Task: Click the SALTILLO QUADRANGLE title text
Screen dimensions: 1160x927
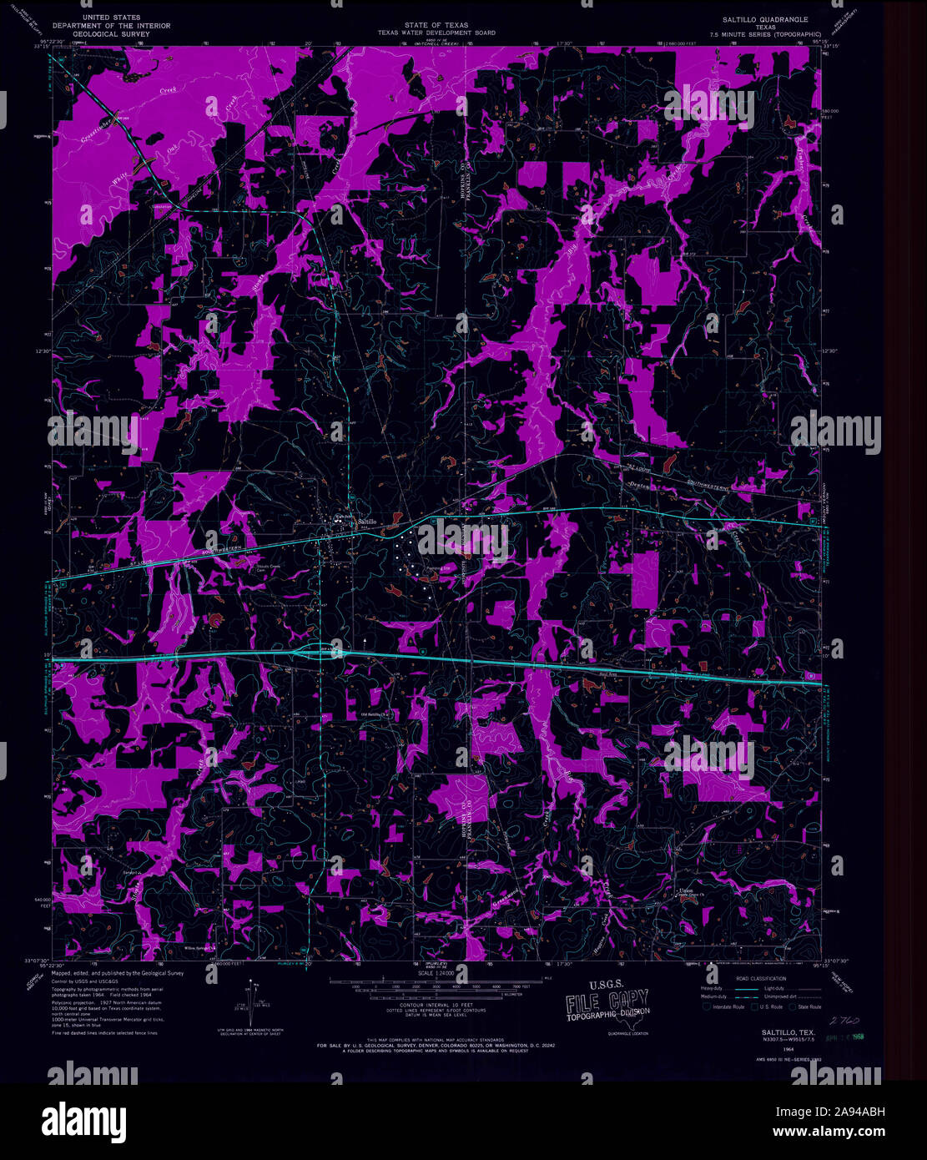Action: pos(766,18)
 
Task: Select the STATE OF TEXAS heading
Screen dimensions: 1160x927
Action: pos(436,26)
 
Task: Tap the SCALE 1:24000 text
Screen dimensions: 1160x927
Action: pos(436,974)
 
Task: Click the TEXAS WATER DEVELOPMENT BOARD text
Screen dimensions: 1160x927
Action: pos(436,33)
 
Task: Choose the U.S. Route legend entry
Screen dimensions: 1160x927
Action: pos(765,1007)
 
